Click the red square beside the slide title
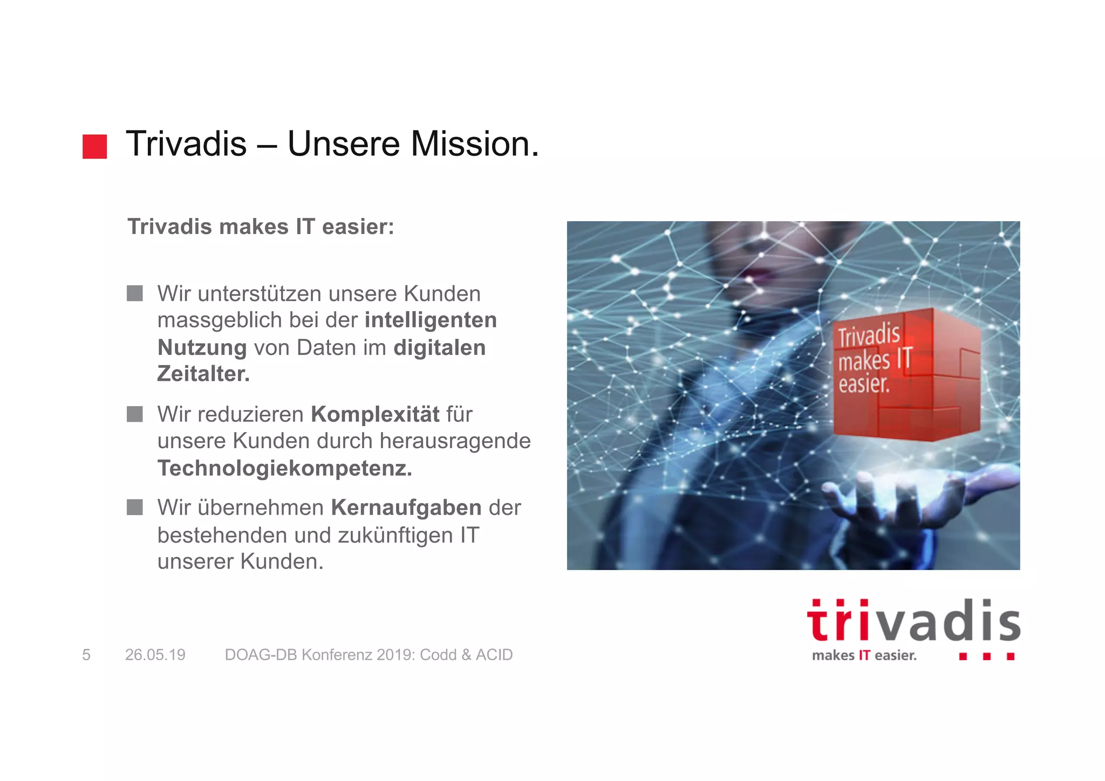coord(94,147)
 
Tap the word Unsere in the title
coord(344,144)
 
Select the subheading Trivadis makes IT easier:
coord(261,227)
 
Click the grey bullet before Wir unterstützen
coord(135,293)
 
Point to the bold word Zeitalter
coord(203,374)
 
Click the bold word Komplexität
coord(375,414)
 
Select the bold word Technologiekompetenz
coord(284,468)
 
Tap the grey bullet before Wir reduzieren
coord(135,414)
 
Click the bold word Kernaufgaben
coord(406,508)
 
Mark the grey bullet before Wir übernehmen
coord(135,508)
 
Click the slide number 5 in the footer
coord(86,655)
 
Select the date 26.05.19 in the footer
coord(155,655)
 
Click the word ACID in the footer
coord(494,655)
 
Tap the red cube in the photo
coord(906,375)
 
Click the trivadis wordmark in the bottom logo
coord(913,621)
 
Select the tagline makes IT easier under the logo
coord(864,656)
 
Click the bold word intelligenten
coord(431,320)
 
